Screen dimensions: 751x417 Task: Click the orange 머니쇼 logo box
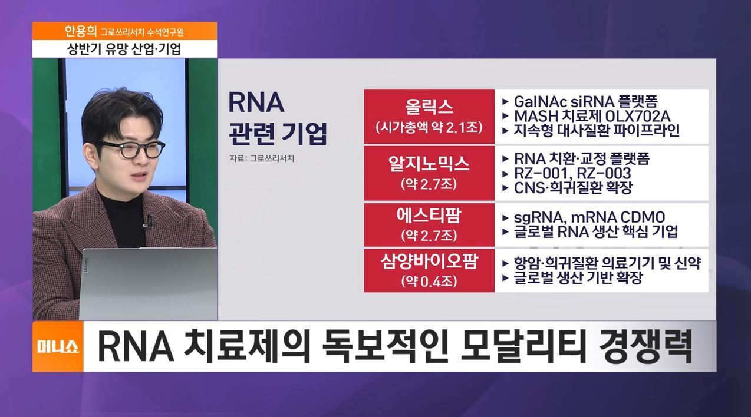pyautogui.click(x=58, y=346)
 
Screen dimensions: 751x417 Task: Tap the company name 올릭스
pyautogui.click(x=429, y=107)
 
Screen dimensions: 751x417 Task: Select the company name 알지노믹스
pyautogui.click(x=429, y=164)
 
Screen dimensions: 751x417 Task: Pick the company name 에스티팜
pyautogui.click(x=429, y=216)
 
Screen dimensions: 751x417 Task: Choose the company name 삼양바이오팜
pyautogui.click(x=429, y=262)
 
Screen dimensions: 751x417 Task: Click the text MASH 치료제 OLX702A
pyautogui.click(x=592, y=116)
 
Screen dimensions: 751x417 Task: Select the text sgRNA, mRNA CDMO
pyautogui.click(x=589, y=217)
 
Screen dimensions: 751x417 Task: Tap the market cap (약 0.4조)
pyautogui.click(x=429, y=282)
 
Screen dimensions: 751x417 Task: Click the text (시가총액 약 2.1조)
pyautogui.click(x=429, y=128)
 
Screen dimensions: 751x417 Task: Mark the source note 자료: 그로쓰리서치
pyautogui.click(x=262, y=158)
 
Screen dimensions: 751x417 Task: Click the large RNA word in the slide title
pyautogui.click(x=256, y=102)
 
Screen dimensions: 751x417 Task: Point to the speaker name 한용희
pyautogui.click(x=80, y=31)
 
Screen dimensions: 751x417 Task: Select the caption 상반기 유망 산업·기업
pyautogui.click(x=124, y=49)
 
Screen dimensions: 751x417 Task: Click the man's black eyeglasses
pyautogui.click(x=131, y=149)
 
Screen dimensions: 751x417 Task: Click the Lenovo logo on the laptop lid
pyautogui.click(x=85, y=264)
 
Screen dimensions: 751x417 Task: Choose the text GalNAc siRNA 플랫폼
pyautogui.click(x=586, y=101)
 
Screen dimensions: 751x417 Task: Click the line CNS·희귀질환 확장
pyautogui.click(x=573, y=188)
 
